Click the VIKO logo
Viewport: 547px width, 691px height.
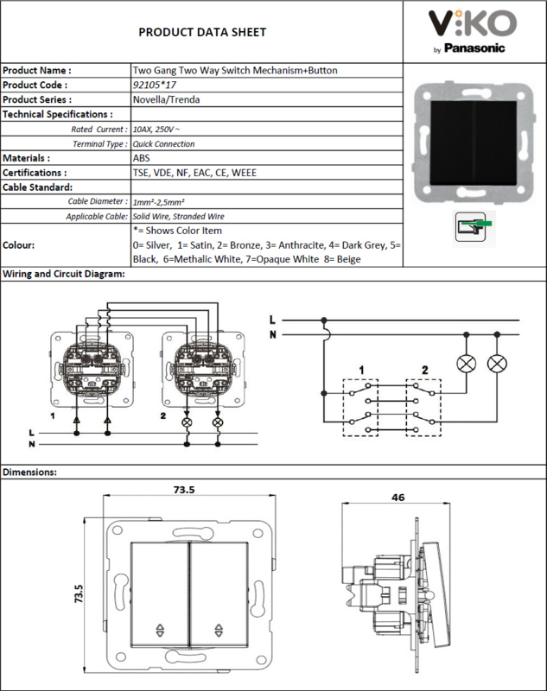pos(472,23)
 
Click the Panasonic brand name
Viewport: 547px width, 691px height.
pos(474,48)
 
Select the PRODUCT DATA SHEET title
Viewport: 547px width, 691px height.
pos(202,32)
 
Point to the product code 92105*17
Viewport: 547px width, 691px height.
pos(155,85)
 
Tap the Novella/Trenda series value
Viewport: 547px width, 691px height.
pos(166,99)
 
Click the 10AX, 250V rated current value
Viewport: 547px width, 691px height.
pos(156,129)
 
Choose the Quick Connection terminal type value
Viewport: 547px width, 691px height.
pos(163,143)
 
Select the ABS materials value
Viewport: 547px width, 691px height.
pos(141,158)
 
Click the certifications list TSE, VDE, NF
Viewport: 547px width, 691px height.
pos(194,173)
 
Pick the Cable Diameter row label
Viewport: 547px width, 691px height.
pos(98,201)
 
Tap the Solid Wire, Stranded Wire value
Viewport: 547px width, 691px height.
pos(179,217)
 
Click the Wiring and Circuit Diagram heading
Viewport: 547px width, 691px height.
pos(64,274)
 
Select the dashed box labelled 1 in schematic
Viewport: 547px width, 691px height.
pos(360,408)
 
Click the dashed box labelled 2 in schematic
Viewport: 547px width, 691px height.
pos(423,408)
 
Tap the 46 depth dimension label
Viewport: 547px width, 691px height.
pos(398,498)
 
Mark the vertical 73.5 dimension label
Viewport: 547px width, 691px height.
pos(79,593)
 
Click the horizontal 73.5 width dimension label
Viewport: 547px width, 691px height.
pos(184,490)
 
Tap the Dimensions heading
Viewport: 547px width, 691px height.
pos(30,472)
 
